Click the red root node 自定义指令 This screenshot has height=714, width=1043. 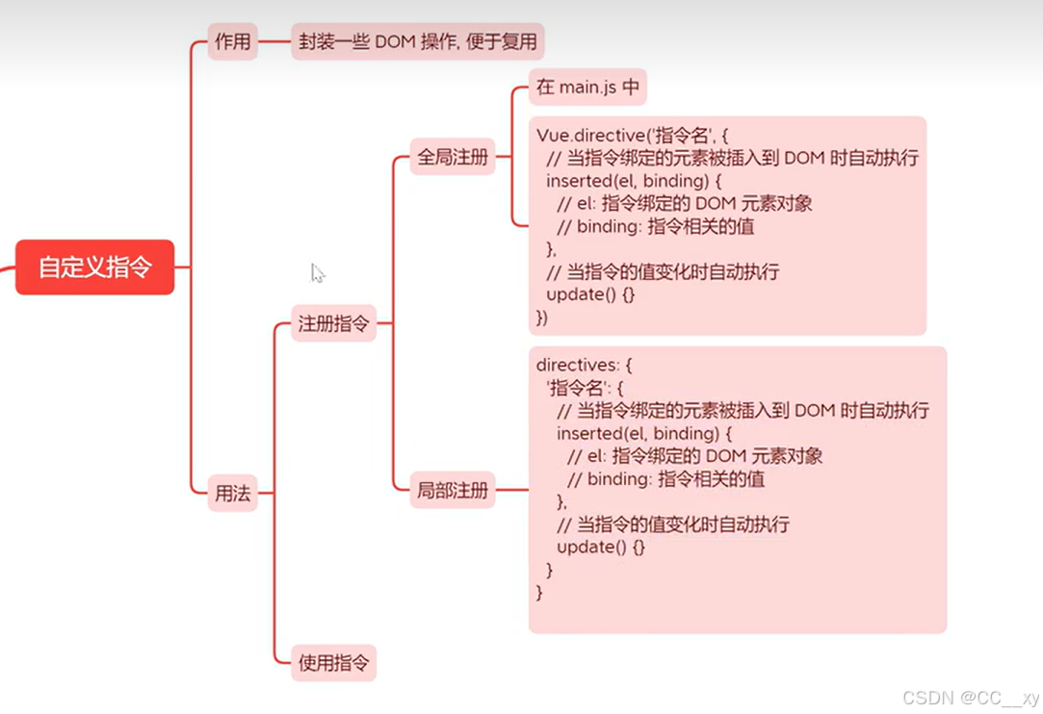[94, 267]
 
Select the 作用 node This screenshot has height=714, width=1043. [232, 41]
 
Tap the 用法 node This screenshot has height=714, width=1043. [232, 494]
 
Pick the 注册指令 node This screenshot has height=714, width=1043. [333, 324]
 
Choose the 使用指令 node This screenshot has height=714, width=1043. [333, 662]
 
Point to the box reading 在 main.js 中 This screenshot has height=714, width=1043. [587, 88]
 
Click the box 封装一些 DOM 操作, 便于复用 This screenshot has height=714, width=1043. [417, 41]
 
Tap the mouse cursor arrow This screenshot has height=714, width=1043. [317, 273]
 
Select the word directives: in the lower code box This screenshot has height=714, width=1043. [576, 366]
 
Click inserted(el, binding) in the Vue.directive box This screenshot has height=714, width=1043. [627, 180]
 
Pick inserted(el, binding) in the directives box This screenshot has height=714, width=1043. [638, 434]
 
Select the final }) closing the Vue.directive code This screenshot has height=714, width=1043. [541, 318]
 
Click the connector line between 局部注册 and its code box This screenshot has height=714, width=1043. [511, 490]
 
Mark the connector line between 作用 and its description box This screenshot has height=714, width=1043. [274, 41]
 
